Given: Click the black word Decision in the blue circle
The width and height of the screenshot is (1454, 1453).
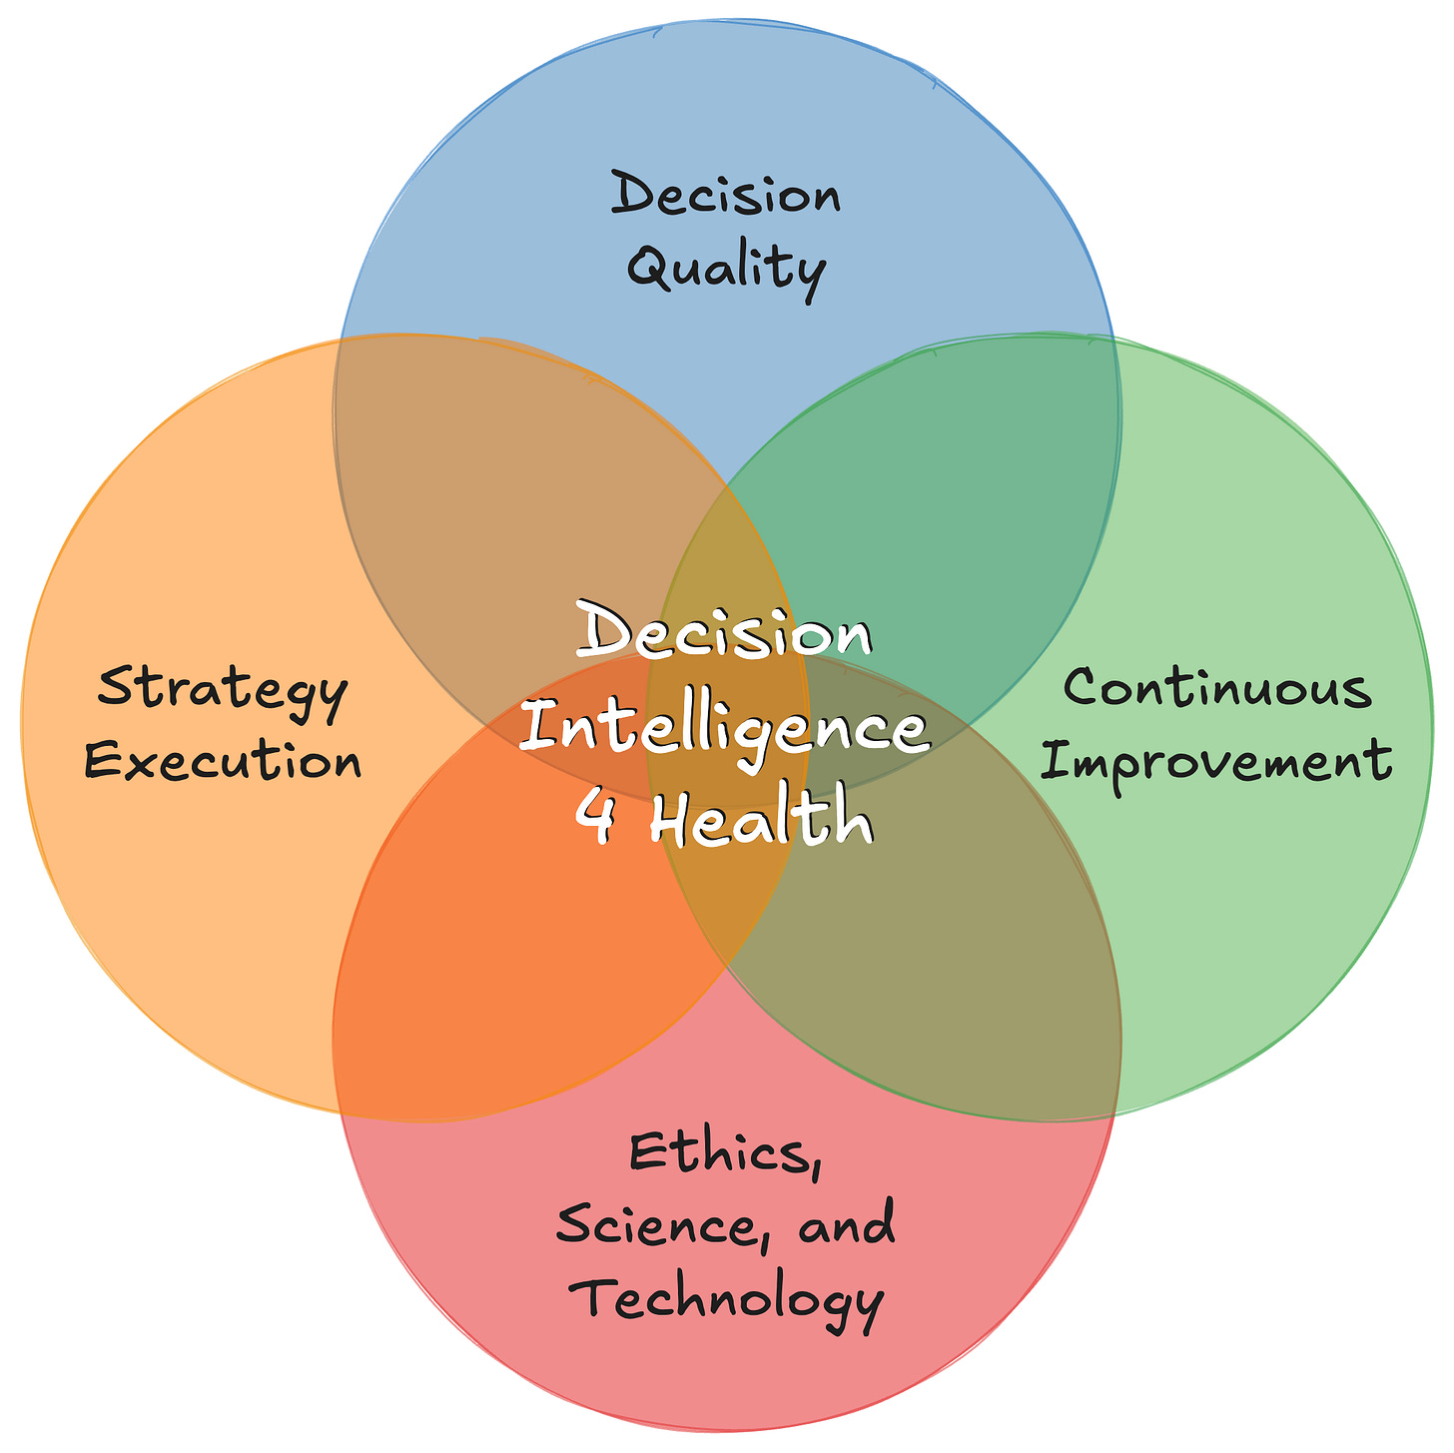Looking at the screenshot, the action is tap(726, 194).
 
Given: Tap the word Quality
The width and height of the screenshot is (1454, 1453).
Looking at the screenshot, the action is tap(726, 268).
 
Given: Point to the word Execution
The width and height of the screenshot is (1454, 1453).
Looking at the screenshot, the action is tap(223, 763).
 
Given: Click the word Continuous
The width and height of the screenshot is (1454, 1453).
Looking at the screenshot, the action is tap(1216, 689).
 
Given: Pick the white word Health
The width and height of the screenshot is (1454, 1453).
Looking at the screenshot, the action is tap(761, 821).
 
